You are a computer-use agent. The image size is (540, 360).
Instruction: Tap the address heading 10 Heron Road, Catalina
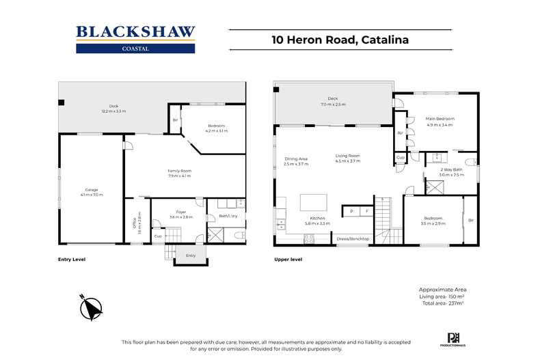pyautogui.click(x=339, y=40)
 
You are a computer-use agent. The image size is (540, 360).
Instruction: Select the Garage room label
pyautogui.click(x=92, y=191)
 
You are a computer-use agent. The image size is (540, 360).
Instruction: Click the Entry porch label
pyautogui.click(x=190, y=255)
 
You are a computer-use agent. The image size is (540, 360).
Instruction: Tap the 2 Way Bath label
pyautogui.click(x=451, y=172)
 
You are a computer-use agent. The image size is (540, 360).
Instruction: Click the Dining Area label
pyautogui.click(x=296, y=161)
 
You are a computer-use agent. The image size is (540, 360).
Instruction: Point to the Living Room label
pyautogui.click(x=348, y=158)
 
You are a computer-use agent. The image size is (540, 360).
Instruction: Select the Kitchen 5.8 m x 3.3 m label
pyautogui.click(x=318, y=221)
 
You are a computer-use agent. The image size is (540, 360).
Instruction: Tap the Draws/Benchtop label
pyautogui.click(x=353, y=238)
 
